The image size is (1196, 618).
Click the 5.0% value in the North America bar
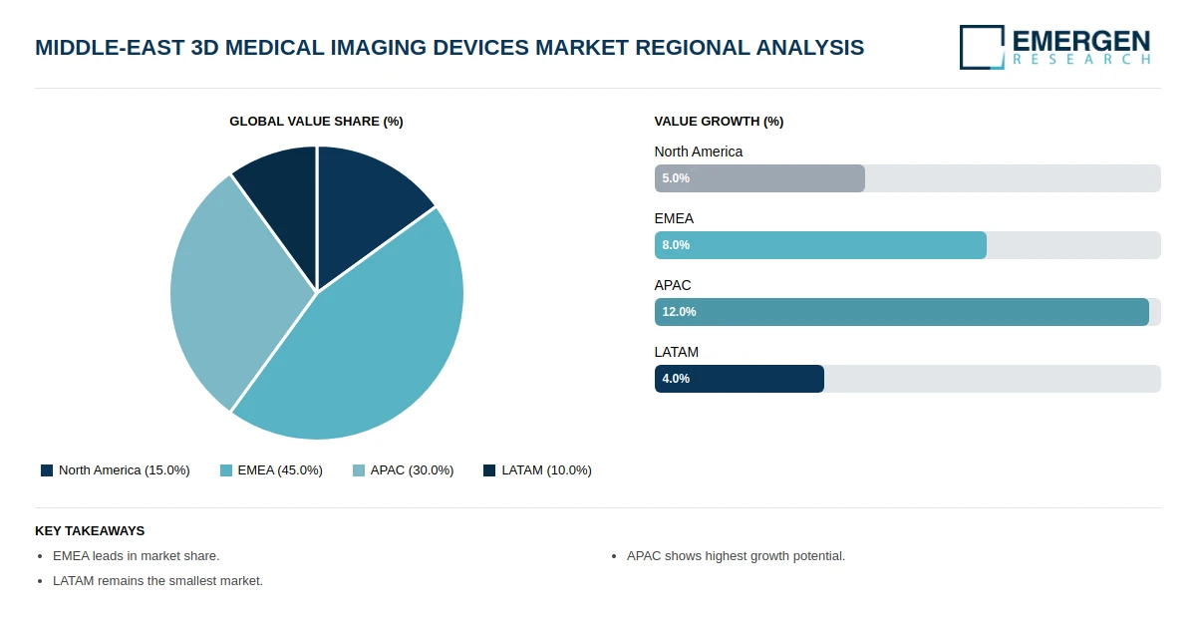[676, 178]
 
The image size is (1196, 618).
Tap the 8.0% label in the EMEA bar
[676, 245]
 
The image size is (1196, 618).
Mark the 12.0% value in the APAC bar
[679, 312]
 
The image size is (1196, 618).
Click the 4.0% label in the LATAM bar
[676, 379]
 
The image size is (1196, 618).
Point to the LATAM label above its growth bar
[677, 352]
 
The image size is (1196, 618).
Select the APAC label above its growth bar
[673, 285]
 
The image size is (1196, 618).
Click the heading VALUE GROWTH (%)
[719, 122]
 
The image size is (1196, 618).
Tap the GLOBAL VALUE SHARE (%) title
[316, 122]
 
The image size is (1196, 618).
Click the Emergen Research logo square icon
[982, 47]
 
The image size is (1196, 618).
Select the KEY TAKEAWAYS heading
[90, 531]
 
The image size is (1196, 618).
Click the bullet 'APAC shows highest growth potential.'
[736, 556]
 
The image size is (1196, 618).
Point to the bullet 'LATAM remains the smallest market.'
[157, 581]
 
